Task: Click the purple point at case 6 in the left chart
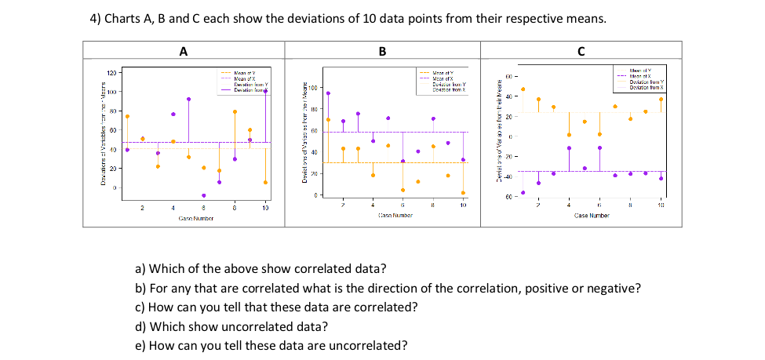tap(204, 195)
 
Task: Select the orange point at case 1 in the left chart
tap(127, 116)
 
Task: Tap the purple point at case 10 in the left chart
tap(265, 91)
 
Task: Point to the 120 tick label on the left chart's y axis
tap(111, 72)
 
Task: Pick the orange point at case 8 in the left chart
tap(235, 111)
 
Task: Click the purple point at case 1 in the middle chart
tap(328, 93)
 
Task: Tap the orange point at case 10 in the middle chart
tap(463, 192)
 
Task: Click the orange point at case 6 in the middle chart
tap(403, 190)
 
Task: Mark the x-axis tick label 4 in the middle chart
tap(373, 204)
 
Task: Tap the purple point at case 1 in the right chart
tap(523, 192)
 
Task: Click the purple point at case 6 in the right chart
tap(599, 147)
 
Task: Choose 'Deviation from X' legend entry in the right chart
tap(642, 87)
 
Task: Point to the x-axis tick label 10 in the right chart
tap(661, 205)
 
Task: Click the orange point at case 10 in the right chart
tap(661, 99)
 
